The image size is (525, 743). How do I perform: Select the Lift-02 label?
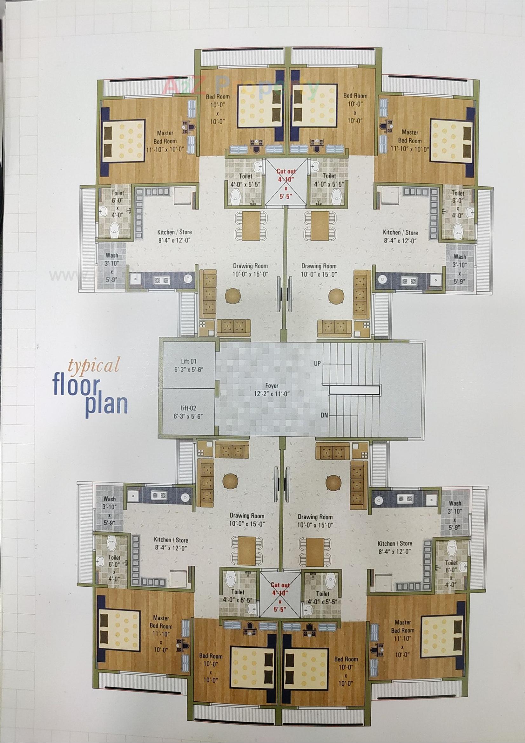click(x=188, y=408)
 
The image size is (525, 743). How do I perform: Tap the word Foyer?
click(x=272, y=386)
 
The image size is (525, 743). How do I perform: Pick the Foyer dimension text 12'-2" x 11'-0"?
click(x=272, y=394)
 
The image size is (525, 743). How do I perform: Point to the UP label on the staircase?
click(x=317, y=364)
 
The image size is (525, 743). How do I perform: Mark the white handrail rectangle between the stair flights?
click(x=354, y=390)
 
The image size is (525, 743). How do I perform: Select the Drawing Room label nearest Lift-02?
click(x=247, y=516)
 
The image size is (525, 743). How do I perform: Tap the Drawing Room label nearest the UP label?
click(x=319, y=266)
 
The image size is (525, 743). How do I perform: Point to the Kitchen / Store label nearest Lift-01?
click(x=174, y=232)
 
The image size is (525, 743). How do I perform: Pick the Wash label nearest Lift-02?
click(x=109, y=499)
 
